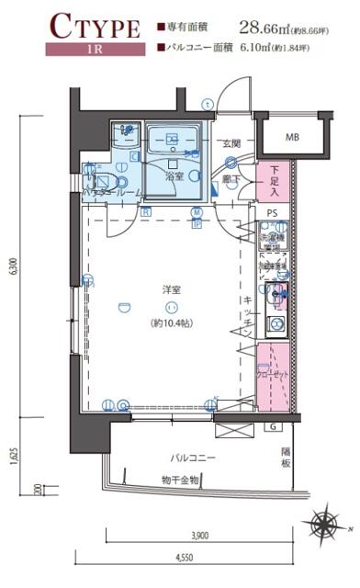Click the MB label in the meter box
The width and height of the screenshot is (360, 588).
point(291,138)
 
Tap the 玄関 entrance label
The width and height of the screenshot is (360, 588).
point(231,143)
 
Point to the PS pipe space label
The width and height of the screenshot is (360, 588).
point(272,213)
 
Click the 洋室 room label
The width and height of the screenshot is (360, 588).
point(170,289)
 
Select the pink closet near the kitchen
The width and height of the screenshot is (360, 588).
point(274,375)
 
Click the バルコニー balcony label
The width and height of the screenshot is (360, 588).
point(192,457)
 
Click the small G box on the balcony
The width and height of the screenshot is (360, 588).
point(273,427)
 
